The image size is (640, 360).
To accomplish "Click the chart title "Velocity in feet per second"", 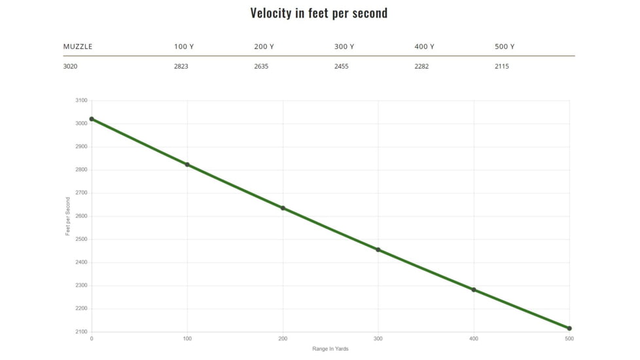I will [x=319, y=13].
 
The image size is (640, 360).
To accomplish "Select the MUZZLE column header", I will [x=78, y=47].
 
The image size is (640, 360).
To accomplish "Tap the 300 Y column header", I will [x=344, y=47].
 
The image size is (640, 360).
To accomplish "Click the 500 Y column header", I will [x=505, y=47].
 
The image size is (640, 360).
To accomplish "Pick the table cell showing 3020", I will [x=71, y=67].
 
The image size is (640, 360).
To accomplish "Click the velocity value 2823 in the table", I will [x=181, y=67].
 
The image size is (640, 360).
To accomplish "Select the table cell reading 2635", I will [x=261, y=67].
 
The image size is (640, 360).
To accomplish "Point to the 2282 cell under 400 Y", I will [x=421, y=67].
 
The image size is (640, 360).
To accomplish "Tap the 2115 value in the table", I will [x=502, y=67].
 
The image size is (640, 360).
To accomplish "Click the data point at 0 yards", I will [x=92, y=119].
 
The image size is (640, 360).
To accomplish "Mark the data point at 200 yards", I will [x=283, y=208].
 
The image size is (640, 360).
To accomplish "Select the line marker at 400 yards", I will [x=474, y=289].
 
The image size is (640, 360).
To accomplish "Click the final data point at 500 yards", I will [x=569, y=328].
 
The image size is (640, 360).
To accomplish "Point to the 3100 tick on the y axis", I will [x=81, y=101].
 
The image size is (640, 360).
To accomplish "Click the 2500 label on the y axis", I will [x=81, y=240].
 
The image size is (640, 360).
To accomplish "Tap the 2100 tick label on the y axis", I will [x=81, y=332].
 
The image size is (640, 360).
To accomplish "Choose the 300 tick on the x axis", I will [x=378, y=338].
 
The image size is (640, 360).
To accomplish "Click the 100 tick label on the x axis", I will [x=187, y=338].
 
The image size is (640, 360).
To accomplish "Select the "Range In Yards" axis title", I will [x=330, y=349].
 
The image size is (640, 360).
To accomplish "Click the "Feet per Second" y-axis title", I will [x=68, y=217].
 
